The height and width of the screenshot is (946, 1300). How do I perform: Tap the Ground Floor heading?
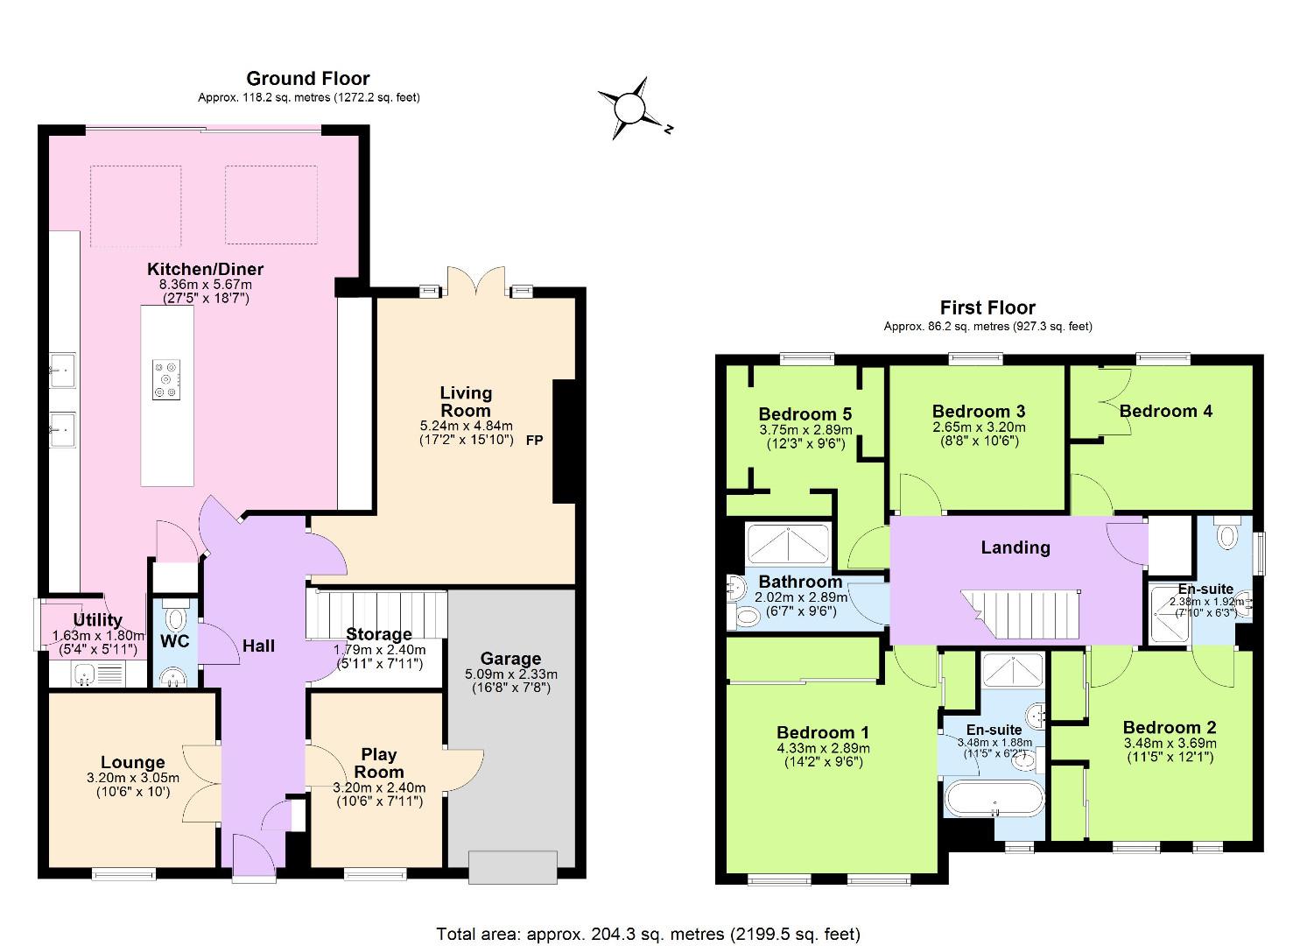(x=307, y=79)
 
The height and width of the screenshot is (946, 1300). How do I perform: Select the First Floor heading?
(x=987, y=307)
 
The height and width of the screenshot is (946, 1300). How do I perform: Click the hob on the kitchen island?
(x=167, y=380)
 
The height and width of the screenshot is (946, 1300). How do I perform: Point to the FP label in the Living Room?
(x=535, y=441)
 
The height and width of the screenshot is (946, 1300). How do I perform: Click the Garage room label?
(x=510, y=659)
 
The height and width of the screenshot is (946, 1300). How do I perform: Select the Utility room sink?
(x=85, y=674)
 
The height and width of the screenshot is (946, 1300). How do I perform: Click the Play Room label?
(x=379, y=763)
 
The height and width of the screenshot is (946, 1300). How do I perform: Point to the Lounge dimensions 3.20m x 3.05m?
(x=133, y=778)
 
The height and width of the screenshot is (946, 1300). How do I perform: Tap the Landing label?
(x=1015, y=547)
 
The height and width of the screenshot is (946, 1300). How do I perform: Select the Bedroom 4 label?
(x=1166, y=411)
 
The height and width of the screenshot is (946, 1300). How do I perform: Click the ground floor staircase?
(x=376, y=615)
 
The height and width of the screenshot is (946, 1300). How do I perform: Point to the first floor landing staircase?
(x=1020, y=614)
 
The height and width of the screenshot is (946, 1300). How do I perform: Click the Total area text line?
(x=649, y=934)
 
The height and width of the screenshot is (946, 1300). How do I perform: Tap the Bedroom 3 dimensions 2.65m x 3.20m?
(x=979, y=427)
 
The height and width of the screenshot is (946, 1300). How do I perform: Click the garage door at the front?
(x=514, y=867)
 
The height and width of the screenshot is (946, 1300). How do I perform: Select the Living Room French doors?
(x=476, y=282)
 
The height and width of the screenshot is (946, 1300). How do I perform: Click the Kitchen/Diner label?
(x=206, y=269)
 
